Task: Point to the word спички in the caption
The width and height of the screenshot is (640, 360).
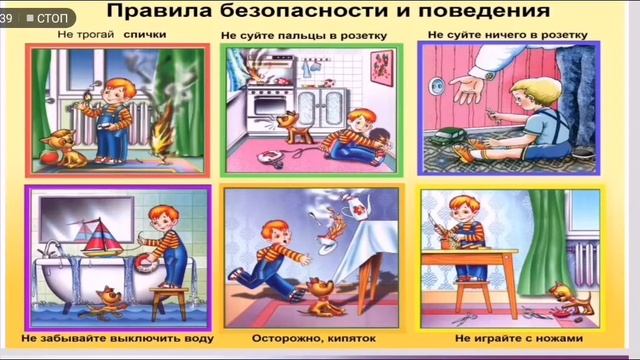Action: (x=145, y=35)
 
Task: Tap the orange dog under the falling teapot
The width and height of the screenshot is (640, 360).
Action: (x=321, y=293)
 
